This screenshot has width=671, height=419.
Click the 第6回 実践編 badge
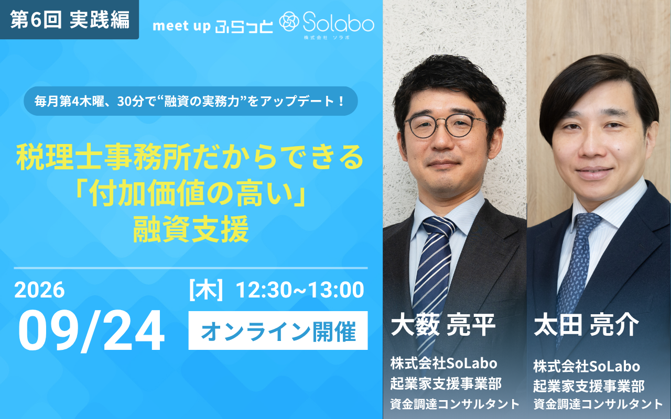[69, 19]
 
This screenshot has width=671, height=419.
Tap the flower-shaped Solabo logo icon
[289, 21]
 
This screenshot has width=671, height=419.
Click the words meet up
[181, 26]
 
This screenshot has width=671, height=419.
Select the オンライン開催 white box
[278, 330]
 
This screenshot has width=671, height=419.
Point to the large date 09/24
[91, 330]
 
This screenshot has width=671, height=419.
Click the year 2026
[39, 290]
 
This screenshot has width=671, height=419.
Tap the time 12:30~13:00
[300, 290]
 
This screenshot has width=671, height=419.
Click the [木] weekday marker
[206, 290]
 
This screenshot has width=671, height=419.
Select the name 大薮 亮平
[443, 325]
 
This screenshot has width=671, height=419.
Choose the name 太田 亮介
[586, 325]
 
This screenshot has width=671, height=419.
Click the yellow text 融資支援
[191, 230]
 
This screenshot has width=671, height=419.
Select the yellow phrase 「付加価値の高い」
[191, 193]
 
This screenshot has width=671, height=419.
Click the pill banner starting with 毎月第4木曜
[191, 101]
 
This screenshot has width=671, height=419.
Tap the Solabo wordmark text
[339, 23]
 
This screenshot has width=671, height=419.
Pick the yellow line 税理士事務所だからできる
[190, 157]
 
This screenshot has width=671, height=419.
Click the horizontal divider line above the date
[191, 268]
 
